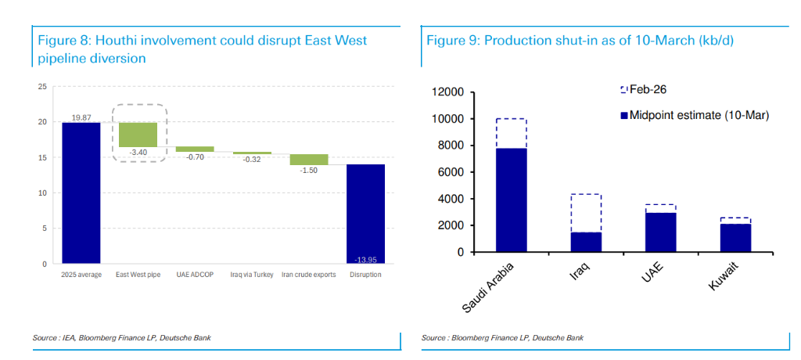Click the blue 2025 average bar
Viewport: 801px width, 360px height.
[x=81, y=193]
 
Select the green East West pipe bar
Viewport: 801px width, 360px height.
[x=138, y=135]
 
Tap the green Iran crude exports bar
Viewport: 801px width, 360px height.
[x=309, y=160]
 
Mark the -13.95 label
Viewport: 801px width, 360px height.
[x=365, y=258]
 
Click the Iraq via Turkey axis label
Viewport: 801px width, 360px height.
[x=252, y=275]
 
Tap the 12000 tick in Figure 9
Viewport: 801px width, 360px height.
[x=449, y=92]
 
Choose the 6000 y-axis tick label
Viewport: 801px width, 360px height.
[x=452, y=172]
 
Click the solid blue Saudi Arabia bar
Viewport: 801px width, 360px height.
[x=511, y=200]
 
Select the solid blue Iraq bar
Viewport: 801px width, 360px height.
[x=586, y=242]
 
